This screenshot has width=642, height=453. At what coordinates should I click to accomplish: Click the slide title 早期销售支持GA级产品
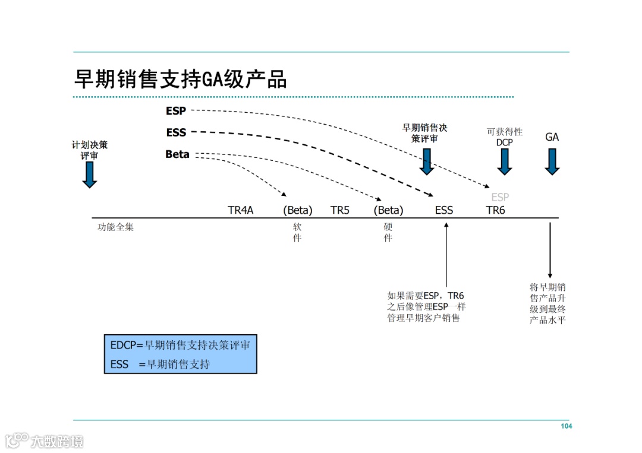[180, 79]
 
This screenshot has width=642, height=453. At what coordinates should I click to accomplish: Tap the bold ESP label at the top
[176, 110]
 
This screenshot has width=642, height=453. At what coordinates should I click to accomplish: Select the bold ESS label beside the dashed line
[176, 132]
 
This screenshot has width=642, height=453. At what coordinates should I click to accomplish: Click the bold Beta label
[177, 154]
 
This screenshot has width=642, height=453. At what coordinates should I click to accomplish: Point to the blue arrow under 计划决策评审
[90, 175]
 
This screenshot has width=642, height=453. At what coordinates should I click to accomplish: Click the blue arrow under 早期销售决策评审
[426, 161]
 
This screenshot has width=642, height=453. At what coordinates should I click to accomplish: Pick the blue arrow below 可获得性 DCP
[504, 161]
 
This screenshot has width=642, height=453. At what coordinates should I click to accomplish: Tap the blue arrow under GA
[552, 161]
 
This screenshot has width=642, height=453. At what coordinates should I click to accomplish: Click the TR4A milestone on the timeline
[240, 210]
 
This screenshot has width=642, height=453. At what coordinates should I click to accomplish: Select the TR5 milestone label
[339, 210]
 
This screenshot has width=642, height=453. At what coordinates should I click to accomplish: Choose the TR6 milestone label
[495, 210]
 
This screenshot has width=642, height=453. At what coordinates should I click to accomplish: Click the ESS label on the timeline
[443, 210]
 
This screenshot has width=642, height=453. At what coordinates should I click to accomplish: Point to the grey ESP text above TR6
[500, 197]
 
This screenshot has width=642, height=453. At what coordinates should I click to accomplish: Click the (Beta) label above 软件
[297, 210]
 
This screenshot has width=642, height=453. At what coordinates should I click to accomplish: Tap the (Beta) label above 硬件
[388, 210]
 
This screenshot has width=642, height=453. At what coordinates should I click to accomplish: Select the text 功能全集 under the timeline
[115, 227]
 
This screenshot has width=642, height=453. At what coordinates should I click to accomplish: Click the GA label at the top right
[552, 137]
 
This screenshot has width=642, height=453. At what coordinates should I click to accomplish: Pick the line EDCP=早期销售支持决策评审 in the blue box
[180, 345]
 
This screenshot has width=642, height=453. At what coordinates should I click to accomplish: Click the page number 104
[566, 426]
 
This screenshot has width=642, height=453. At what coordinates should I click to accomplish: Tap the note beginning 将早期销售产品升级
[547, 303]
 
